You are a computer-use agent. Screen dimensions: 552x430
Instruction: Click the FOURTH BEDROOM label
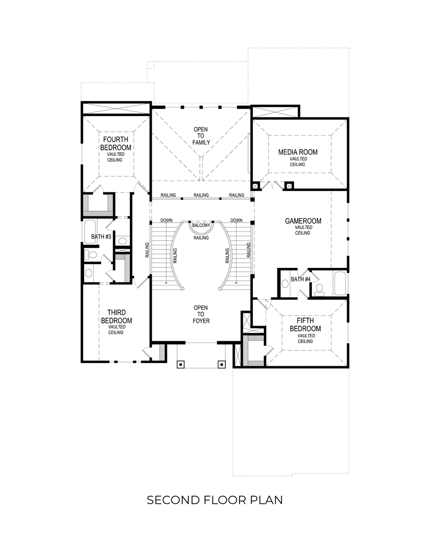pos(116,143)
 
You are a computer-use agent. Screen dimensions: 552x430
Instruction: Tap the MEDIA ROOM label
pos(298,152)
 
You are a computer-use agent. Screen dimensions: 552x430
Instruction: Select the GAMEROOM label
pos(303,221)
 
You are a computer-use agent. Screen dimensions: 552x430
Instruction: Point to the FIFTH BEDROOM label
pos(305,325)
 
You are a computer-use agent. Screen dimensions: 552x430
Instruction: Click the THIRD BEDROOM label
pos(116,317)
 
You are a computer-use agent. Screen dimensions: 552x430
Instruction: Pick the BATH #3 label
pos(101,237)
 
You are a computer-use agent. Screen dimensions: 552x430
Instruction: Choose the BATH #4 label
pos(301,279)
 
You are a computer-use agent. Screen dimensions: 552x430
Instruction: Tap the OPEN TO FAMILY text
pos(201,136)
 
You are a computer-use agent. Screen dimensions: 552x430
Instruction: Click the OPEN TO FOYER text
pos(201,314)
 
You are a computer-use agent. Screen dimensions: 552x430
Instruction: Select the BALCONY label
pos(201,225)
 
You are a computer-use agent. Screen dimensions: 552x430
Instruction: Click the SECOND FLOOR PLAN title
pos(215,500)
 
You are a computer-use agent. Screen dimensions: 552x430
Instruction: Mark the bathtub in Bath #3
pos(90,231)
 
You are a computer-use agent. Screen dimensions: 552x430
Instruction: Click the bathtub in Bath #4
pos(340,283)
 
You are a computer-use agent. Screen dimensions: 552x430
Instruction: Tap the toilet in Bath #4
pos(319,290)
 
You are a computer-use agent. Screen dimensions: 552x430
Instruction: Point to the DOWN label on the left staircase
pos(166,221)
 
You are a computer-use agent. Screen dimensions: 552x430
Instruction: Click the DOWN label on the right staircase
pos(236,221)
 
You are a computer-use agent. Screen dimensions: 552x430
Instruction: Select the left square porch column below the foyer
pos(181,364)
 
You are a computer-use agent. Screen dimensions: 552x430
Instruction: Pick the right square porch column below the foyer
pos(222,364)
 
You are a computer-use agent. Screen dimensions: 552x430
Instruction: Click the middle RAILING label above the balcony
pos(201,195)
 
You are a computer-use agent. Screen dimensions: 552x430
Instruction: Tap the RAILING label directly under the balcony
pos(201,238)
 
